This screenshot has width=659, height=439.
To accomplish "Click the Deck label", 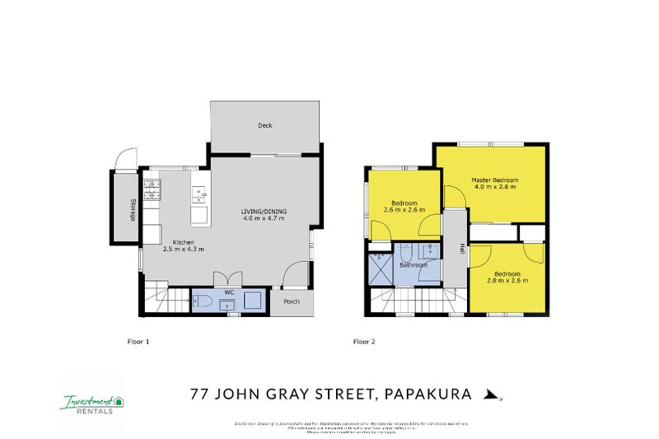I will click(x=264, y=126).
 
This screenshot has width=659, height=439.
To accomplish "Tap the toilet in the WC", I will click(x=206, y=303).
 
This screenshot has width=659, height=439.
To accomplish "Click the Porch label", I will click(x=291, y=301).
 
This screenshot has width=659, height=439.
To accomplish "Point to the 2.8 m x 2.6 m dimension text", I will click(x=505, y=281).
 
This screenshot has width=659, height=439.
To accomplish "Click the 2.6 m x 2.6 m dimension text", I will click(x=404, y=210).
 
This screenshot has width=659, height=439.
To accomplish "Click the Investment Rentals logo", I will click(x=91, y=403).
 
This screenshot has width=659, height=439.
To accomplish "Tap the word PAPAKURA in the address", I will click(x=428, y=395).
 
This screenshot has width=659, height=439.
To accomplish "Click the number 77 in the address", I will click(x=199, y=395).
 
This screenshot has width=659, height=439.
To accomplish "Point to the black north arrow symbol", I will click(x=490, y=395).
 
